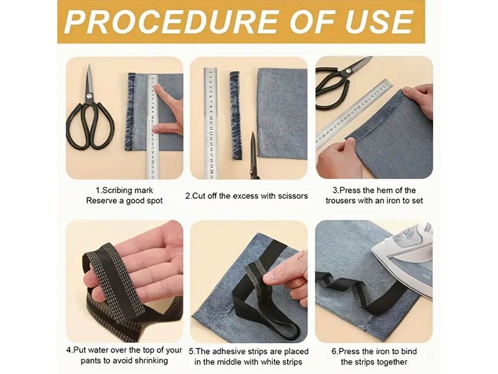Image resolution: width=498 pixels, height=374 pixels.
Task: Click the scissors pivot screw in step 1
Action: [90, 95]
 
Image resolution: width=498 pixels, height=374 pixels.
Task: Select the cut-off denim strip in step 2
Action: [235, 115]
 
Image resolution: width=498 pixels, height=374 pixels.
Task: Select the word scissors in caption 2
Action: [293, 196]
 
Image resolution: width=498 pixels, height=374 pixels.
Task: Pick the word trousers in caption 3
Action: [340, 201]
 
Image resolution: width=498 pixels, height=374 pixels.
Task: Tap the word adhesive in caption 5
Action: [227, 352]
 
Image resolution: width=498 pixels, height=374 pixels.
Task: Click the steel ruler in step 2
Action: [210, 123]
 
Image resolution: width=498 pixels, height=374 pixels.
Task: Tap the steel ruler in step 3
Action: [354, 114]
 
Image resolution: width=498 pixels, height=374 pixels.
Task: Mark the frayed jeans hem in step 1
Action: [131, 112]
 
